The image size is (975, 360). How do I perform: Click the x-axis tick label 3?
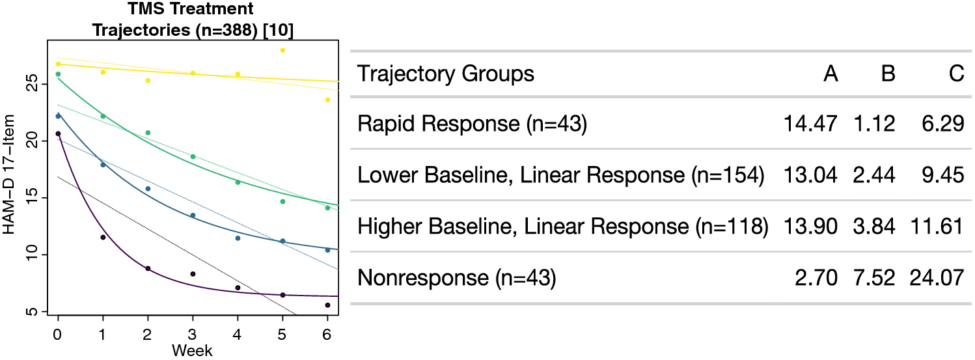tap(193, 331)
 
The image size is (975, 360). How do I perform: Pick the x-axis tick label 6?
tap(327, 331)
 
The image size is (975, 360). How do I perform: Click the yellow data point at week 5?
tap(282, 50)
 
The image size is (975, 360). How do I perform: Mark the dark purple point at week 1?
tap(103, 237)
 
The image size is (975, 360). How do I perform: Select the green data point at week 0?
tap(58, 74)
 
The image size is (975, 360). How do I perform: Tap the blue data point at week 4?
tap(238, 238)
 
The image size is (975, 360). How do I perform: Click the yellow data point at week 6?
tap(327, 100)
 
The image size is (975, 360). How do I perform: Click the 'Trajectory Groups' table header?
tap(446, 74)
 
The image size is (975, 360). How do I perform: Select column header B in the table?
tap(888, 74)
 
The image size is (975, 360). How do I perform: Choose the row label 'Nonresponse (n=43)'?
tap(456, 278)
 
